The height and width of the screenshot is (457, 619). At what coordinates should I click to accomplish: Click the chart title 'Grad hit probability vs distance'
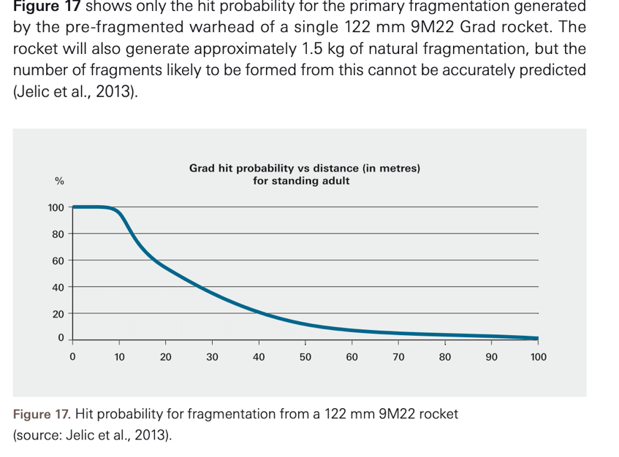point(304,169)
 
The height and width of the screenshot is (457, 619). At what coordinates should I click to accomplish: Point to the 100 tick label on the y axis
point(56,208)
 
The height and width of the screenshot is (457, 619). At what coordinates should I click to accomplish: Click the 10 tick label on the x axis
point(119,357)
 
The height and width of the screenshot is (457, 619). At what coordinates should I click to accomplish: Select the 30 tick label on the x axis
point(212,357)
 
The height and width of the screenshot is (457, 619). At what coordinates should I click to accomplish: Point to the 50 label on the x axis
point(305,357)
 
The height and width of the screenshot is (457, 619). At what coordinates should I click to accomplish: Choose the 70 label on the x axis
point(398,357)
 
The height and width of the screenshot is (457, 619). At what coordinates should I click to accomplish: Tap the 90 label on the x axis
point(491,357)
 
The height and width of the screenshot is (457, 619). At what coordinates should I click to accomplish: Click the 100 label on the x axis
point(538,357)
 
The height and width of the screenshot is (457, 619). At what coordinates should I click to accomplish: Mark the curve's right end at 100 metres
point(537,338)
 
